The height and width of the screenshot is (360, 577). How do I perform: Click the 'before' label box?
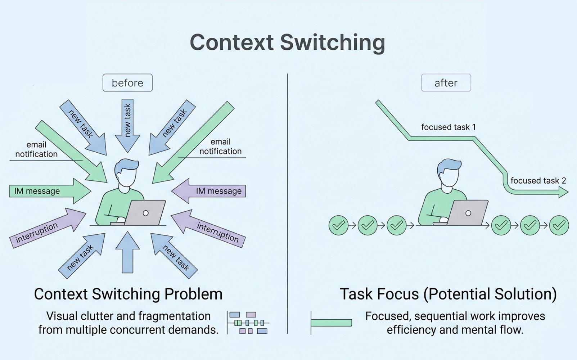[x=127, y=83]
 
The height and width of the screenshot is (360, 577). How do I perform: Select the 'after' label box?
[x=446, y=83]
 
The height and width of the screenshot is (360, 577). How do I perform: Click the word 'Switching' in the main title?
[x=332, y=42]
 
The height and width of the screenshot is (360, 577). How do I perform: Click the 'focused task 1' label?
[x=448, y=127]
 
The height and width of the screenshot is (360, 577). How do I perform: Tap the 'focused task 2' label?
[x=538, y=181]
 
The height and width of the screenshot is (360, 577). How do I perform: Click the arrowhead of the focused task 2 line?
[x=563, y=193]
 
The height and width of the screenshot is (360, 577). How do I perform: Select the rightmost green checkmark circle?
[x=559, y=225]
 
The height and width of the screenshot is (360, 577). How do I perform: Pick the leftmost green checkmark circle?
[x=338, y=225]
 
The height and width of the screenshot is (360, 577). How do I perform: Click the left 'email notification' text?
[x=36, y=149]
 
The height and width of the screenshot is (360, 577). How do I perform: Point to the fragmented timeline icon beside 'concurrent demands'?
[x=248, y=323]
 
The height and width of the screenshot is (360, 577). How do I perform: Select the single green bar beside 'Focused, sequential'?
[x=331, y=323]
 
